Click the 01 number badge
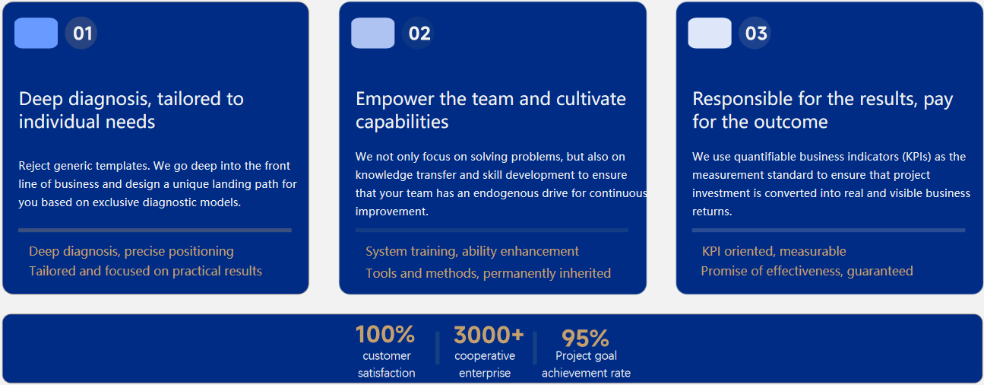[x=81, y=33]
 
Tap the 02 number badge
[x=418, y=33]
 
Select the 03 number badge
[x=755, y=33]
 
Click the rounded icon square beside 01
[x=36, y=33]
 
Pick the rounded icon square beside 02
[x=373, y=33]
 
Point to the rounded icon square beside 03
[x=710, y=33]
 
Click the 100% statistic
[x=385, y=335]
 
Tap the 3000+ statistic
[x=489, y=335]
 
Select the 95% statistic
[x=586, y=339]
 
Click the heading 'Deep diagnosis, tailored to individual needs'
[x=131, y=110]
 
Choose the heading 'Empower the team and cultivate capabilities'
[x=491, y=110]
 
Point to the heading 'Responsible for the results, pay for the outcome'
[x=823, y=110]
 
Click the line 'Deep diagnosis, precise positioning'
[x=131, y=251]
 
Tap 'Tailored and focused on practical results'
[x=145, y=271]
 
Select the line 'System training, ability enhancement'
[x=472, y=251]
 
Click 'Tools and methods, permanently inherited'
[x=488, y=273]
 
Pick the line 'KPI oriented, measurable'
[x=774, y=251]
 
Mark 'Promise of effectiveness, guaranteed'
[x=807, y=271]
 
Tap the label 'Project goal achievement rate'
[x=586, y=364]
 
